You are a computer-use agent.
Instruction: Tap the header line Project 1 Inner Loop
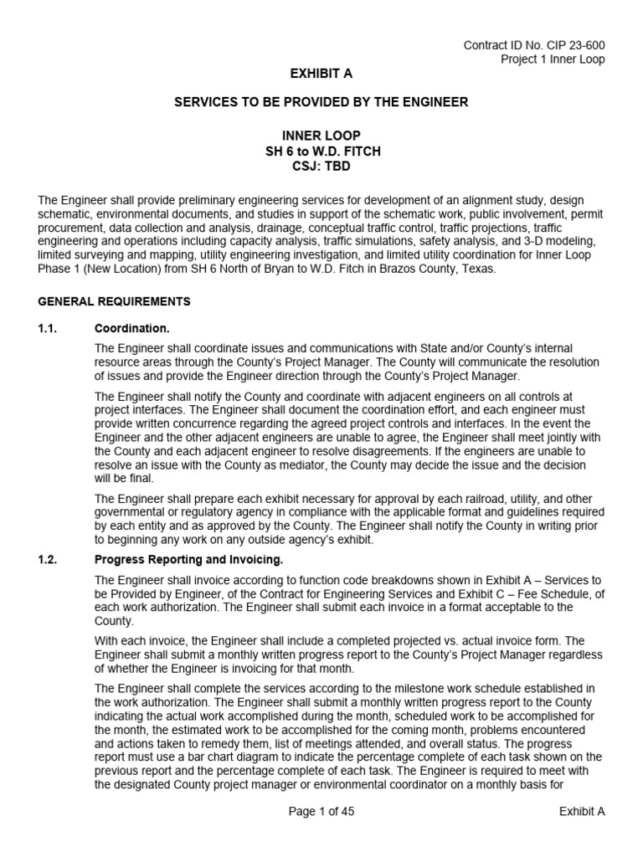click(553, 59)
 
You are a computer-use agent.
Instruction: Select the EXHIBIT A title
click(321, 74)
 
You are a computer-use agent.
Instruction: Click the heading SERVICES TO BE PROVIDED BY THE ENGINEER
click(321, 102)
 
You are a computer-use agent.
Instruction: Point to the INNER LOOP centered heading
click(321, 135)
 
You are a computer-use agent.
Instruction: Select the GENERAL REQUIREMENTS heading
click(115, 301)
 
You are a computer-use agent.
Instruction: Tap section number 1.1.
click(48, 328)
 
